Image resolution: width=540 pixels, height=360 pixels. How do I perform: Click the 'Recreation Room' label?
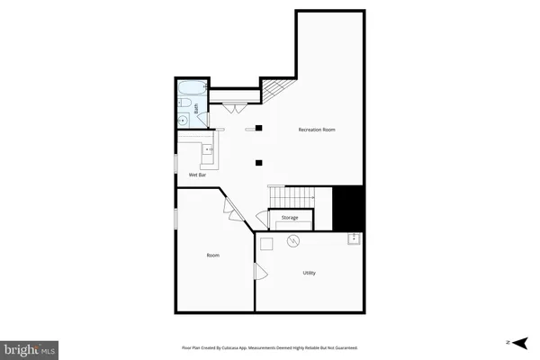(317, 130)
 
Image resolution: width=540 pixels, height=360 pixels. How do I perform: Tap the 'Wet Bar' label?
(198, 174)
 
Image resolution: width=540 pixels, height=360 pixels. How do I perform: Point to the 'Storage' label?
(289, 218)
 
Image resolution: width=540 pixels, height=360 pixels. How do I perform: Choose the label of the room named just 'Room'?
(212, 255)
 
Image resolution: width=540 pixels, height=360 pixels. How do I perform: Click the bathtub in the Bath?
(191, 88)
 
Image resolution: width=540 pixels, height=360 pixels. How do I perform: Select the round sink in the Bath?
(183, 121)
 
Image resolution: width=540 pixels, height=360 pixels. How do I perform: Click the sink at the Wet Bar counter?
(207, 149)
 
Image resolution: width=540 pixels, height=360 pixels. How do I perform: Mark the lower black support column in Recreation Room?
(258, 163)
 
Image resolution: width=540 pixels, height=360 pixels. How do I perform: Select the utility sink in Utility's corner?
(354, 238)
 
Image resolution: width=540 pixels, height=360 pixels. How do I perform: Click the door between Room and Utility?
(260, 273)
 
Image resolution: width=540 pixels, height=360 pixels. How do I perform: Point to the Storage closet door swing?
(260, 219)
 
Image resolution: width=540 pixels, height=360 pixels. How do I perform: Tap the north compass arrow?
(510, 342)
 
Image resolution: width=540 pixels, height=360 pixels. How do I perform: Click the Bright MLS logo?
(31, 347)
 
